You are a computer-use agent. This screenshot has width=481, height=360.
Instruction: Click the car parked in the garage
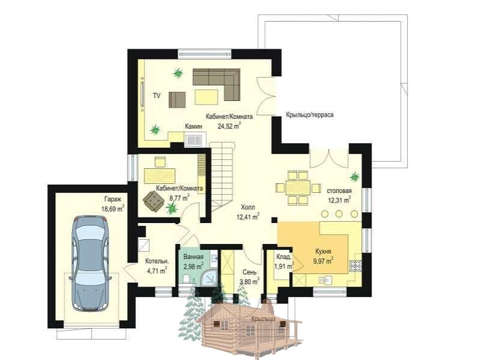pos(90,263)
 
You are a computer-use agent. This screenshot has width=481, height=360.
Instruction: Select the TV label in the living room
pos(157,96)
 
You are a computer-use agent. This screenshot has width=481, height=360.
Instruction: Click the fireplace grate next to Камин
pos(194,141)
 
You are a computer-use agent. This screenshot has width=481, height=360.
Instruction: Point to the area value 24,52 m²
pos(229,126)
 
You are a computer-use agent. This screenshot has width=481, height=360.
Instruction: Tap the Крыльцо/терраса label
pos(310,115)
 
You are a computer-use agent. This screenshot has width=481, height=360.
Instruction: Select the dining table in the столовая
pos(298,188)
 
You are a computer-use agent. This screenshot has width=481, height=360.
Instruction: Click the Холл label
pos(248,207)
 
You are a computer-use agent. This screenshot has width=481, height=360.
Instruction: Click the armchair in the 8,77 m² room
pos(153,201)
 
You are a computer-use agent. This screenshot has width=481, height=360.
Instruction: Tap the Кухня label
pos(323,252)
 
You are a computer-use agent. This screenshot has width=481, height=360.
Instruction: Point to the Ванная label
pos(193,257)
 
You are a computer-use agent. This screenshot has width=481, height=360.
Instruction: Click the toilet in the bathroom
pos(186,279)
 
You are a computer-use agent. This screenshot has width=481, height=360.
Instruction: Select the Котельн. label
pos(157,261)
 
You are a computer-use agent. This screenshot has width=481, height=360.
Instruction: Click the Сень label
pos(250,272)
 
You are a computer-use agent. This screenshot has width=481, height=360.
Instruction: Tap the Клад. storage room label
pos(284,257)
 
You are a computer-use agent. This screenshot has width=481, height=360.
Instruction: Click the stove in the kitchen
pos(355,266)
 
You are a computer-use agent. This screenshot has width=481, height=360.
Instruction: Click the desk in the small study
pos(160,175)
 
